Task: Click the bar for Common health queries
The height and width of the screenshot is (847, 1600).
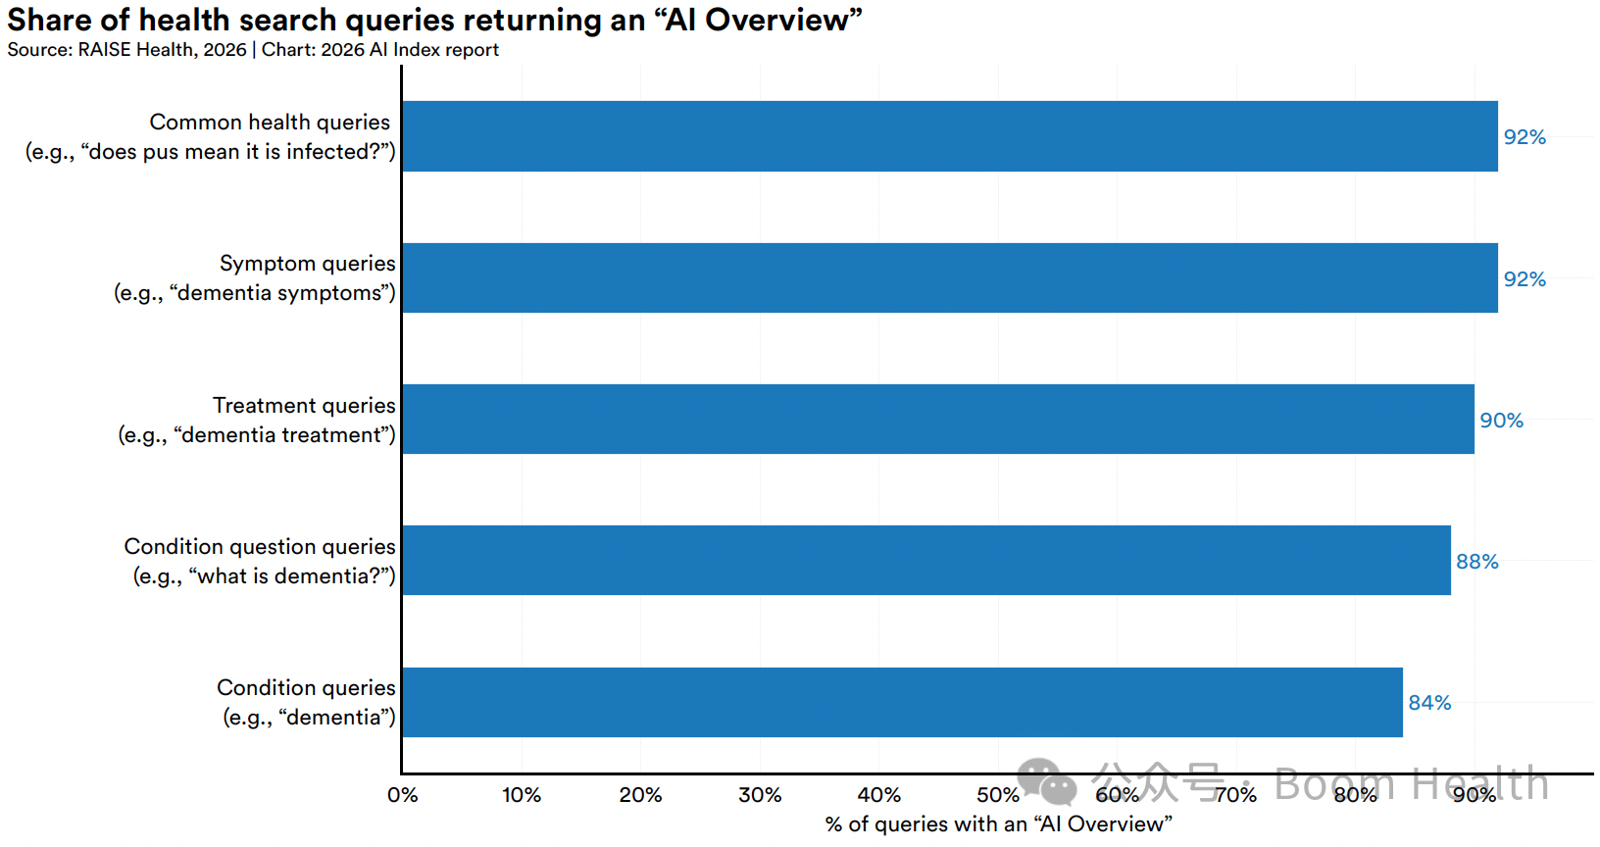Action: pos(950,136)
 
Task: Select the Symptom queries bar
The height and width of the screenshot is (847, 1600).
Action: pos(950,277)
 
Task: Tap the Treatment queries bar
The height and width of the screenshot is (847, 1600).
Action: pos(938,420)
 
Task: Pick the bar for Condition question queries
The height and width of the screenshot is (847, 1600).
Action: pos(926,561)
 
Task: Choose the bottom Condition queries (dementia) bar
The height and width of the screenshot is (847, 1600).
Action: pos(903,702)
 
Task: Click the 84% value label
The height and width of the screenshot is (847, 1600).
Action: pos(1429,703)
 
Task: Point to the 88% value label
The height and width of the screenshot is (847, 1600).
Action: pos(1477,562)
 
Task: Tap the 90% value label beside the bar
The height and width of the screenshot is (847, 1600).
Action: pos(1501,420)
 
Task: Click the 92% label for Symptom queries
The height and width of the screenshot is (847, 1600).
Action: pos(1525,278)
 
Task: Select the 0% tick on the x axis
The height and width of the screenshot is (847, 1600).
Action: pos(403,795)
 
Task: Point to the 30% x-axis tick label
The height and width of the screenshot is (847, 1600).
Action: pos(760,795)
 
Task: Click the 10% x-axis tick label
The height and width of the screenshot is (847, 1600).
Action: pos(522,795)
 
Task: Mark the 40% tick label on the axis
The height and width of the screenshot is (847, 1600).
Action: pos(879,795)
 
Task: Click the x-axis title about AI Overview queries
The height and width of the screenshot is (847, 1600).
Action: pos(999,824)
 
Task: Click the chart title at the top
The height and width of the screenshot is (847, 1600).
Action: pos(435,20)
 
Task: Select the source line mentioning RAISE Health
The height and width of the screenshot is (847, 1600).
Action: pos(253,50)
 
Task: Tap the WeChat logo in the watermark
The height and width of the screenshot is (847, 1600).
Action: pos(1046,781)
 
